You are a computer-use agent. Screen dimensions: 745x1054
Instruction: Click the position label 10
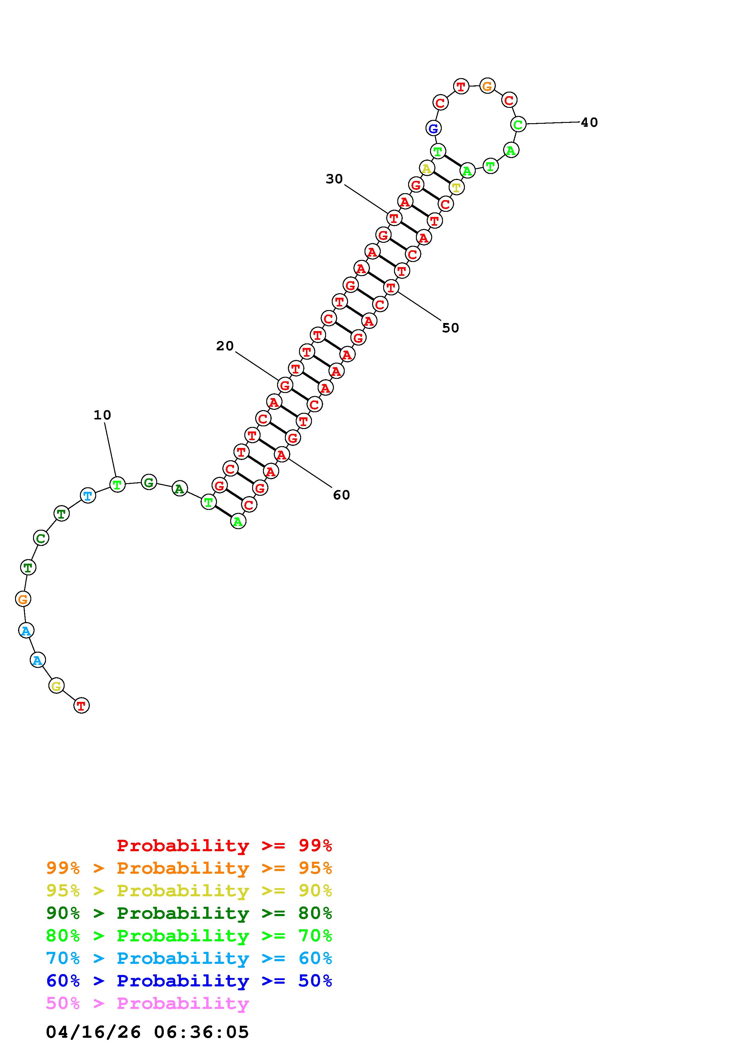tap(102, 415)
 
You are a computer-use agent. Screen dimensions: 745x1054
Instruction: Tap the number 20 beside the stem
tap(225, 346)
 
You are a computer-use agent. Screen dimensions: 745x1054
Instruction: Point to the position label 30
tap(334, 179)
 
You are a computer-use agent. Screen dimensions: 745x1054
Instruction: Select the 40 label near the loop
tap(589, 123)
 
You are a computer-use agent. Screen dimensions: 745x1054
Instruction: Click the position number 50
tap(450, 328)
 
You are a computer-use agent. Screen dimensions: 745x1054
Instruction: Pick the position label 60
tap(341, 495)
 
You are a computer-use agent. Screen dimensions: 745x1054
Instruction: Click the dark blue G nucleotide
tap(433, 129)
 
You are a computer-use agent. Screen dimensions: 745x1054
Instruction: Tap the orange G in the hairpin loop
tap(487, 86)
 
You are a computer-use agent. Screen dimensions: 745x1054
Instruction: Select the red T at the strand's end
tap(81, 705)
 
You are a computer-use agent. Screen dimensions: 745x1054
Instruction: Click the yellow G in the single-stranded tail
tap(56, 686)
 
